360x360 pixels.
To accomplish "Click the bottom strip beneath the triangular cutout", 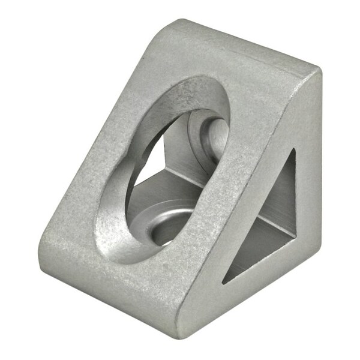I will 264,282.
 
